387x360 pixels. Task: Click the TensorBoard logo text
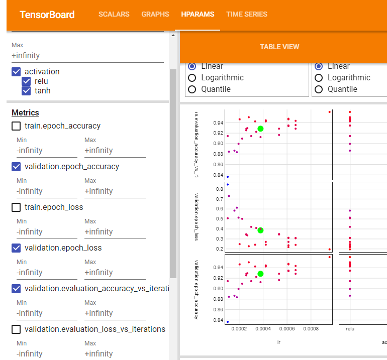(47, 15)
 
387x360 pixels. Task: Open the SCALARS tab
(114, 15)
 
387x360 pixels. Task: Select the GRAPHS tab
(155, 15)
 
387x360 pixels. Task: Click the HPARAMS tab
(198, 15)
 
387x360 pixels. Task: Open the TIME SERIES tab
(247, 15)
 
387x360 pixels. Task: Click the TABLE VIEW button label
(279, 47)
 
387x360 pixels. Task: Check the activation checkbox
(17, 72)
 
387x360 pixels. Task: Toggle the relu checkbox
(27, 81)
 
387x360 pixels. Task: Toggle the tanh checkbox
(27, 91)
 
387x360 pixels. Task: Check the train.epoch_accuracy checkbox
(17, 126)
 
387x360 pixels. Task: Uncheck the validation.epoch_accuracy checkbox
(17, 167)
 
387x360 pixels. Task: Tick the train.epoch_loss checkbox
(17, 207)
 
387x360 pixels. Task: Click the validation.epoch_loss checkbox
(17, 248)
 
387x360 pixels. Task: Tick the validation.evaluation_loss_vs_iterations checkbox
(17, 329)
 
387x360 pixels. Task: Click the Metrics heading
(25, 113)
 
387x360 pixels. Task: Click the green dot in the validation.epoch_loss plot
(260, 230)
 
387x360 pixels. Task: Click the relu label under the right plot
(350, 329)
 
